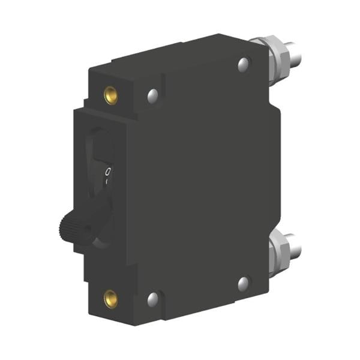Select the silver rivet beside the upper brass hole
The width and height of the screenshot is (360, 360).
(152, 94)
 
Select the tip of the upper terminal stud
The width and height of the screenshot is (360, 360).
(295, 54)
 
